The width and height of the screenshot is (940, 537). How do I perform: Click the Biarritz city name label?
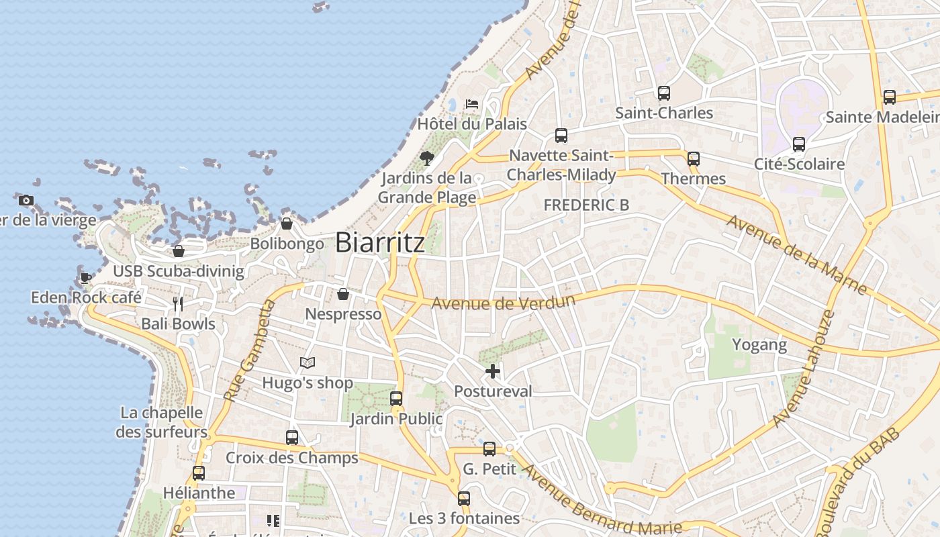(x=380, y=242)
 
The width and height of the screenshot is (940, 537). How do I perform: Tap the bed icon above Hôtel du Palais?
(x=472, y=103)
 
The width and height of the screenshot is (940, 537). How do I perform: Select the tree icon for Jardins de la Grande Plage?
(x=426, y=158)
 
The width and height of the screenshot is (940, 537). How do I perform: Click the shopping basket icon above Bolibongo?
(x=287, y=224)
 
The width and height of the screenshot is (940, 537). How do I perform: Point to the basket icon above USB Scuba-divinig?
(x=179, y=252)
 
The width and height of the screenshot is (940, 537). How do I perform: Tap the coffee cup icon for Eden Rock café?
(x=86, y=277)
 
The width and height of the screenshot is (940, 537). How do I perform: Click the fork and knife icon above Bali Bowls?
(x=178, y=304)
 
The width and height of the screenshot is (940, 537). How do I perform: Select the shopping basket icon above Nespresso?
(x=343, y=294)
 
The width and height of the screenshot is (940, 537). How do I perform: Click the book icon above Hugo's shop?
(x=308, y=363)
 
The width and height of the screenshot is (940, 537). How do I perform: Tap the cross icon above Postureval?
(x=493, y=371)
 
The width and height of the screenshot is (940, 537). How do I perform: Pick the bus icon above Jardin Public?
(x=396, y=399)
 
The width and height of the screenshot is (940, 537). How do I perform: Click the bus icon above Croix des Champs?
(x=292, y=438)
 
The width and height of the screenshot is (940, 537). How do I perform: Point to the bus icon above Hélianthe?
(x=199, y=473)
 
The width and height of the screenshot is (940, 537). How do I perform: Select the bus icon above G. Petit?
(x=489, y=449)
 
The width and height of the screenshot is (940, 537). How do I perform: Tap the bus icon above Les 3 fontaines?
(x=464, y=499)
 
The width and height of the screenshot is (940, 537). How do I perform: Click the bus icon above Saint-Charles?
(x=664, y=93)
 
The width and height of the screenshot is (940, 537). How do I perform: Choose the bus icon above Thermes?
(x=694, y=159)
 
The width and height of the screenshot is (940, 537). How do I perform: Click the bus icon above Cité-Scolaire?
(x=799, y=144)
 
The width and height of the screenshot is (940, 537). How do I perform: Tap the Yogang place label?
(x=759, y=345)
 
